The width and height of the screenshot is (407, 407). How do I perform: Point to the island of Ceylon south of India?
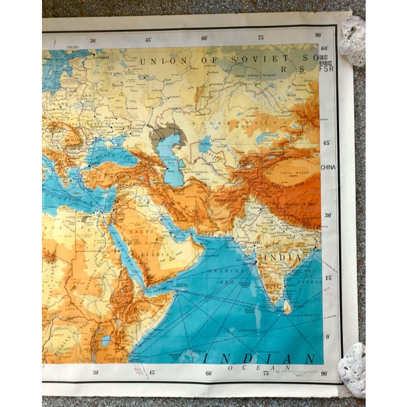click(287, 308)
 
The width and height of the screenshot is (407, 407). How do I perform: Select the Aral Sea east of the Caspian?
click(205, 145)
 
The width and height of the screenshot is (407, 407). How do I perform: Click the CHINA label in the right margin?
click(329, 167)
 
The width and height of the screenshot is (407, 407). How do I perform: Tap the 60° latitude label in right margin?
click(324, 48)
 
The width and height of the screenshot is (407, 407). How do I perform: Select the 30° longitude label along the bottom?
click(95, 373)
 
